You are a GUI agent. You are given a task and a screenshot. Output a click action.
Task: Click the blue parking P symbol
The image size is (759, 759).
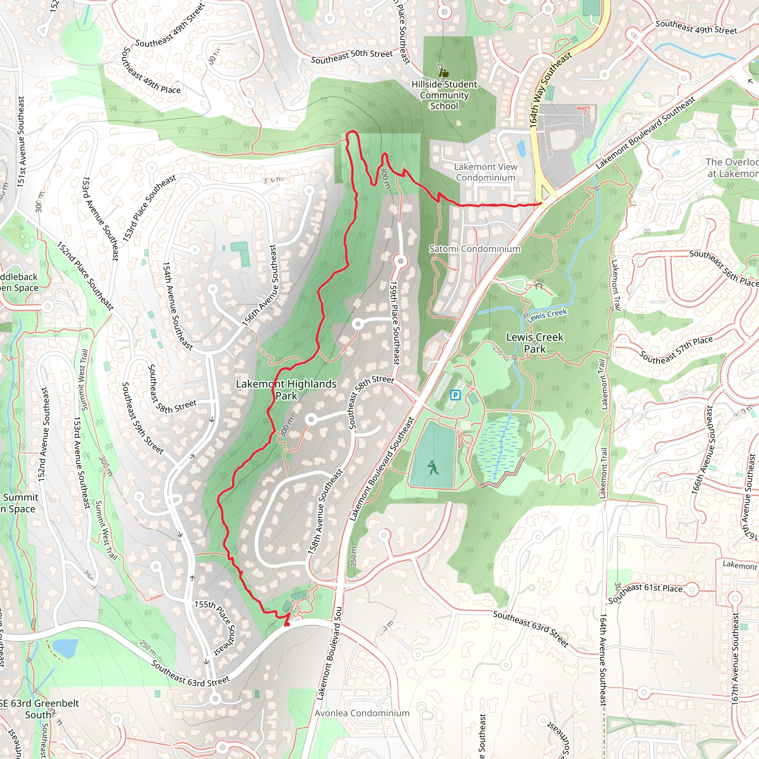pos(455,395)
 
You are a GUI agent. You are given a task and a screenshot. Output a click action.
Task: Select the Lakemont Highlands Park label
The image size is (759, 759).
pos(286,390)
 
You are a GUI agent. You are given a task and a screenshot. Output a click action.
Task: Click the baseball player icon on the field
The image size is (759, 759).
pos(433,467)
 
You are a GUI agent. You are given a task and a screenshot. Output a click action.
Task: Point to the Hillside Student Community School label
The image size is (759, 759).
pos(444,95)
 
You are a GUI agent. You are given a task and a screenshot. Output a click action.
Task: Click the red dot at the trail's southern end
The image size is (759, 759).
pos(287,624)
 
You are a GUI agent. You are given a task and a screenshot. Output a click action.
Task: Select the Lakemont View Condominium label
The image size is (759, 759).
pos(485,172)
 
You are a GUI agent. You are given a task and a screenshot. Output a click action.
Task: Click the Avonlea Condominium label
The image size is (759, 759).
pos(362,713)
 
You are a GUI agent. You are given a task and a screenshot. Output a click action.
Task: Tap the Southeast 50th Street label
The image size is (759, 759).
pos(352,57)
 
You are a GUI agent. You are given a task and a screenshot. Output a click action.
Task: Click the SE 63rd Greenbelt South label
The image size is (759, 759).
pos(39,708)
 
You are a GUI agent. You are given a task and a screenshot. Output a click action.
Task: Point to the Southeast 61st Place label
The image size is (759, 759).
pos(646,593)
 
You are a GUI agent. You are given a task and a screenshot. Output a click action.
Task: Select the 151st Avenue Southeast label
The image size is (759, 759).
pos(21,142)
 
